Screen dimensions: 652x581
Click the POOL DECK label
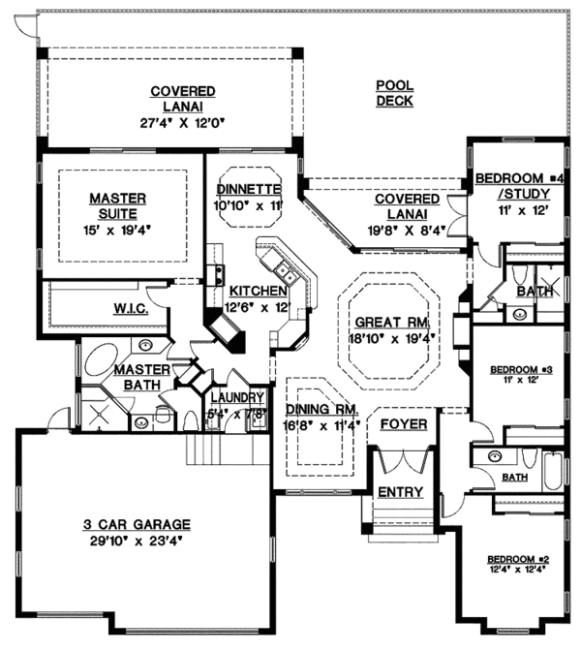394,93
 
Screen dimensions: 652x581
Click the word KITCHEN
258,291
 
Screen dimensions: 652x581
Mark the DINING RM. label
319,408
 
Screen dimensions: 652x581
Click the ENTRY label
400,492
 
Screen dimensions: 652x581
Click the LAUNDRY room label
237,397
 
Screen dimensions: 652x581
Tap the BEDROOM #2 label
511,560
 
